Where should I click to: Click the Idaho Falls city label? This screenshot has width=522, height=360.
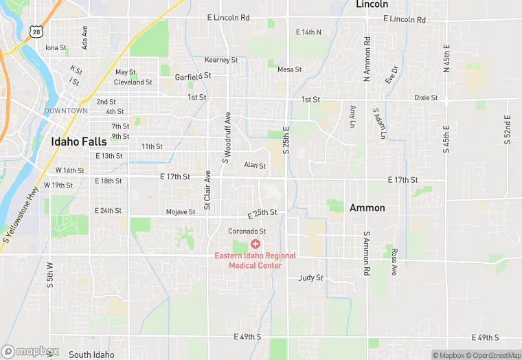78,142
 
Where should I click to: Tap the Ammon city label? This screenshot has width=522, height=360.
367,207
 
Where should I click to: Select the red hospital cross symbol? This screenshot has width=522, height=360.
255,244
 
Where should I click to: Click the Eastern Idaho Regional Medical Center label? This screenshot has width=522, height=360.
255,260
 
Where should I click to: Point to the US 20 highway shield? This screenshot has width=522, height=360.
35,31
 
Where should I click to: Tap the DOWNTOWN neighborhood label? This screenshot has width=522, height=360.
66,111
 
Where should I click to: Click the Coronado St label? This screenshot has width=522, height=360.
247,232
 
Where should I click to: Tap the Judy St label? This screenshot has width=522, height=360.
310,278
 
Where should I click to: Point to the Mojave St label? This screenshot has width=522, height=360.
181,212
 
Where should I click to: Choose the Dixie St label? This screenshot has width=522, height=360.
426,98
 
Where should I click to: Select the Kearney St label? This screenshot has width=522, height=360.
221,60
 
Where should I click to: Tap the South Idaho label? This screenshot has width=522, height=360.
91,355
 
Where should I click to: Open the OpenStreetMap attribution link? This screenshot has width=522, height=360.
494,355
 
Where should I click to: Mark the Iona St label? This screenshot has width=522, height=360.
56,48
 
